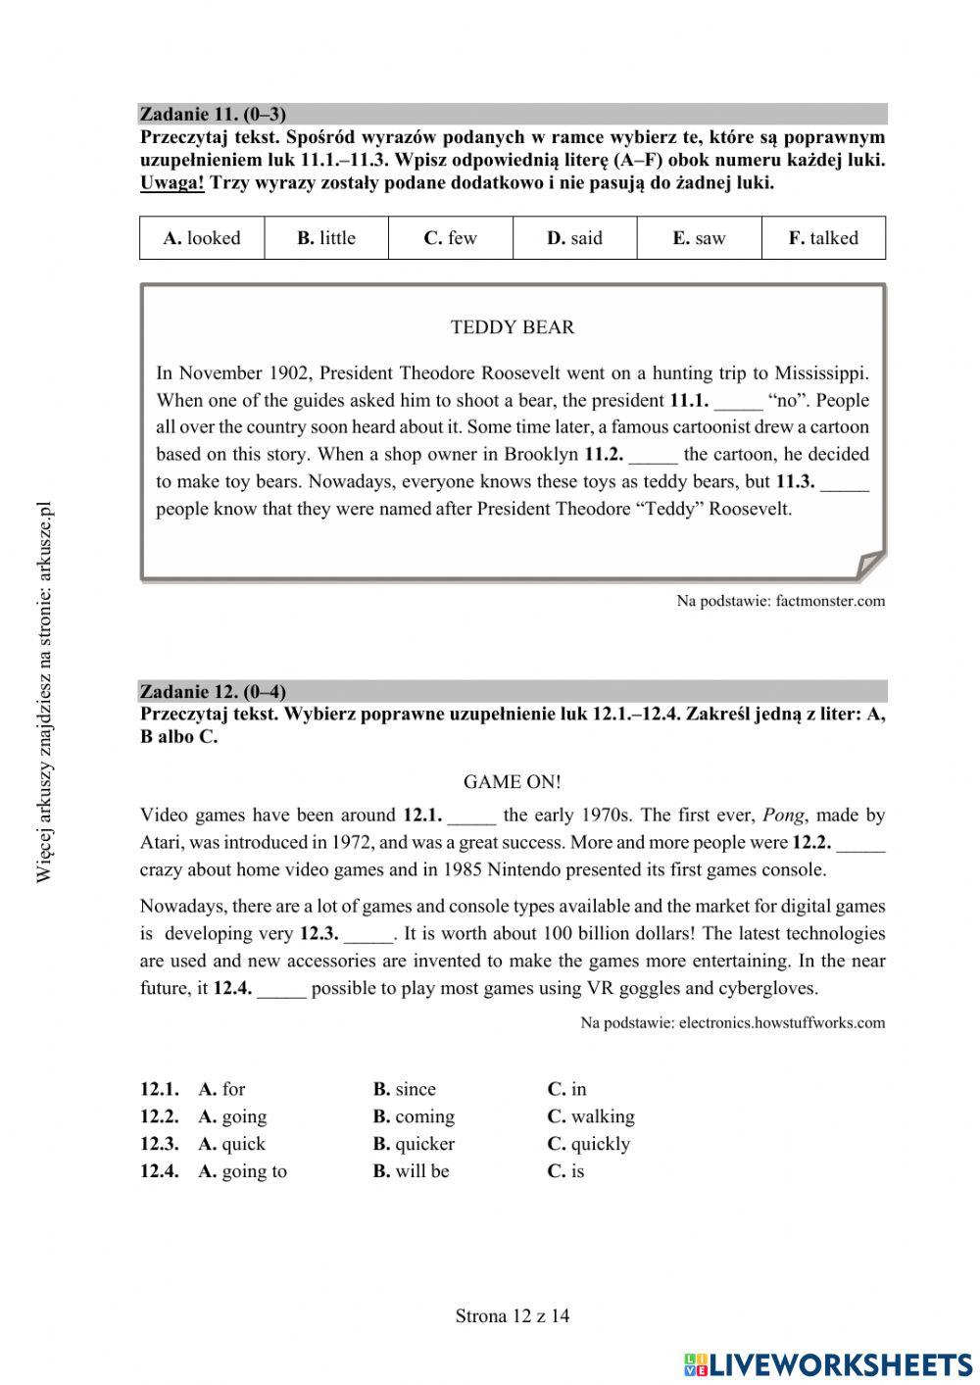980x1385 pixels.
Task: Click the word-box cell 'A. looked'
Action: tap(202, 238)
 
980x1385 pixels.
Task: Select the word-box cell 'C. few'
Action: tap(451, 238)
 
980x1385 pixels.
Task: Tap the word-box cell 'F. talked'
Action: tap(823, 238)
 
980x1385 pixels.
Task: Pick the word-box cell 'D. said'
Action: tap(575, 238)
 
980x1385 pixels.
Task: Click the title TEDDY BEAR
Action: tap(513, 327)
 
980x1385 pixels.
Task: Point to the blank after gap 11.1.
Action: tap(738, 401)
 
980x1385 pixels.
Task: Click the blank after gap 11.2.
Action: tap(653, 455)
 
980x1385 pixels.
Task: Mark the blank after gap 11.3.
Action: tap(845, 482)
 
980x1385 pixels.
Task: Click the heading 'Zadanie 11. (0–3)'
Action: tap(213, 114)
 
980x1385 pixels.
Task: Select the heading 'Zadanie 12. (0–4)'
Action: tap(213, 691)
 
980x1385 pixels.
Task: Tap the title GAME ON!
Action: tap(513, 782)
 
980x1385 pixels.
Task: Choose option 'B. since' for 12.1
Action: tap(405, 1089)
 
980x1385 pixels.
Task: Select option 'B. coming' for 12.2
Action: tap(414, 1116)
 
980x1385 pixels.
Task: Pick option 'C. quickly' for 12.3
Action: tap(589, 1144)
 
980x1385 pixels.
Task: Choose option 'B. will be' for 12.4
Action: tap(411, 1171)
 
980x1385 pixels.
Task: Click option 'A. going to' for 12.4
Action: tap(243, 1171)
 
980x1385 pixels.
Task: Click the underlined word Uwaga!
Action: tap(171, 183)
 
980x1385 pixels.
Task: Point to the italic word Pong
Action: tap(783, 816)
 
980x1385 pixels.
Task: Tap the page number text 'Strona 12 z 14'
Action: tap(513, 1316)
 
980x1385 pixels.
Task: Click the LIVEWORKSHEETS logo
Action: tap(828, 1363)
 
